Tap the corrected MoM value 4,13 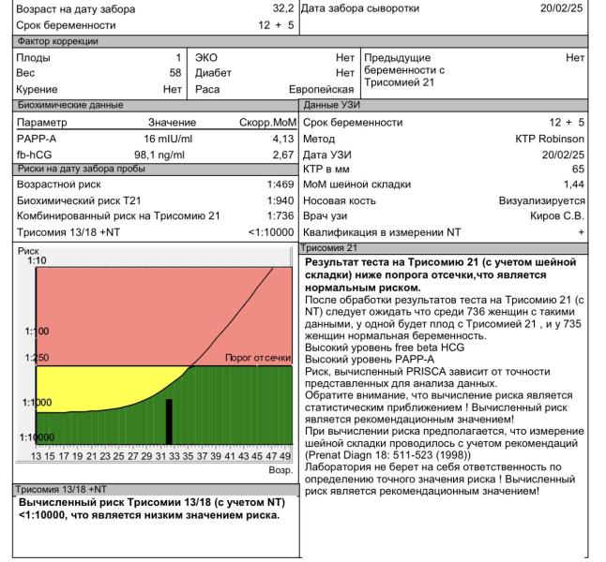pos(282,139)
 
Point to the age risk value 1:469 pos(281,184)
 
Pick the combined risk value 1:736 pos(281,215)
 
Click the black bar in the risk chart pos(170,421)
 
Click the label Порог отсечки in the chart pos(259,358)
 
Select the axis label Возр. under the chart pos(280,470)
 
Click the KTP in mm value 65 pos(577,169)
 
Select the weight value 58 pos(174,72)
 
